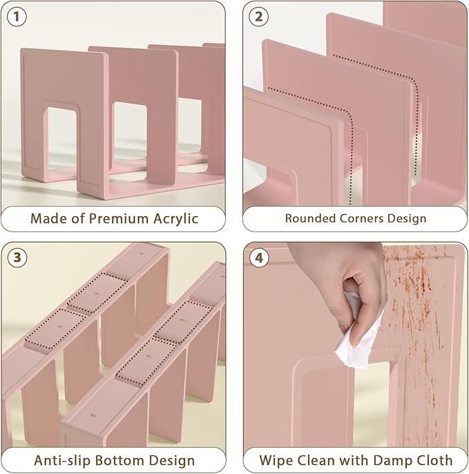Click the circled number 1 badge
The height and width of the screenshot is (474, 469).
17,17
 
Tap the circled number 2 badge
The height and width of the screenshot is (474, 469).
258,17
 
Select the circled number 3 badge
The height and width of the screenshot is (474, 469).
17,258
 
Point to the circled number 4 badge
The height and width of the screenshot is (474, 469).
259,258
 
